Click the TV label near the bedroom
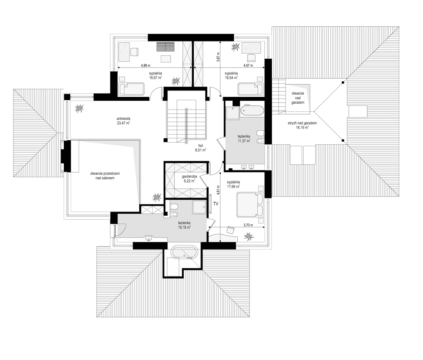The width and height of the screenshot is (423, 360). pyautogui.click(x=216, y=204)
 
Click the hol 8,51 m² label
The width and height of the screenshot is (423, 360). pyautogui.click(x=200, y=147)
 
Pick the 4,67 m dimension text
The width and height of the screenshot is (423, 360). pyautogui.click(x=247, y=65)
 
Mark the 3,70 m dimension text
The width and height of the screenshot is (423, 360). pyautogui.click(x=248, y=225)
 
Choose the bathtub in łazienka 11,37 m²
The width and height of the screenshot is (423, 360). pyautogui.click(x=252, y=111)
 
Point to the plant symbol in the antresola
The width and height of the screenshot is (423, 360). pyautogui.click(x=79, y=109)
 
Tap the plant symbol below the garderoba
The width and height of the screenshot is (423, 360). pyautogui.click(x=157, y=197)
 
